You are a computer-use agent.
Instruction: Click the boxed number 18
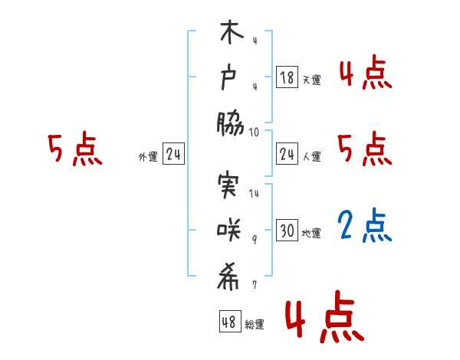pyautogui.click(x=287, y=77)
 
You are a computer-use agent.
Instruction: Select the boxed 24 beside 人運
pyautogui.click(x=287, y=155)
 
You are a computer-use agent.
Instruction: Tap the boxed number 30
pyautogui.click(x=287, y=231)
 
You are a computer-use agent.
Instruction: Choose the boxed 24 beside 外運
pyautogui.click(x=173, y=155)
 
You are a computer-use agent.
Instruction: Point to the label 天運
pyautogui.click(x=311, y=80)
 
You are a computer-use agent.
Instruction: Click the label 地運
pyautogui.click(x=311, y=233)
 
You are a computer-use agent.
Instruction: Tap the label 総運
pyautogui.click(x=254, y=324)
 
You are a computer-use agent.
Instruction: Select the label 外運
pyautogui.click(x=148, y=157)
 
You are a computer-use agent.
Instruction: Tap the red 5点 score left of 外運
pyautogui.click(x=74, y=149)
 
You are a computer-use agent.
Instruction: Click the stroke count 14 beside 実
pyautogui.click(x=254, y=194)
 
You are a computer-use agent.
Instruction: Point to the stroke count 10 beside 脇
pyautogui.click(x=254, y=132)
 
